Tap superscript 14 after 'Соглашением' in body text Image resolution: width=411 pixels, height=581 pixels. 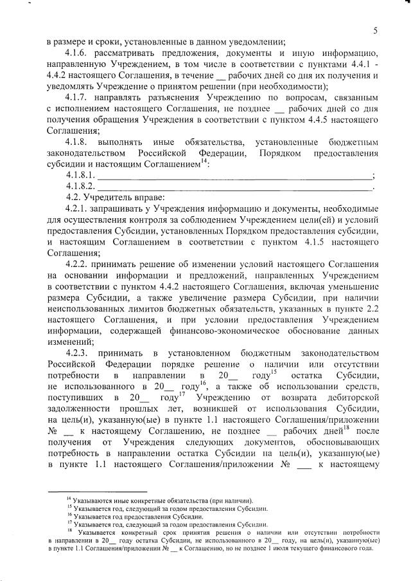(204, 161)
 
